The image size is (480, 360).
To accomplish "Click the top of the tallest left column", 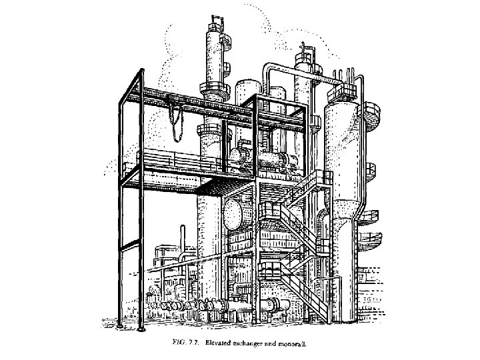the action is coord(217,27).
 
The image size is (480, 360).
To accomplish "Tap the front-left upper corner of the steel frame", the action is coord(121,102).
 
